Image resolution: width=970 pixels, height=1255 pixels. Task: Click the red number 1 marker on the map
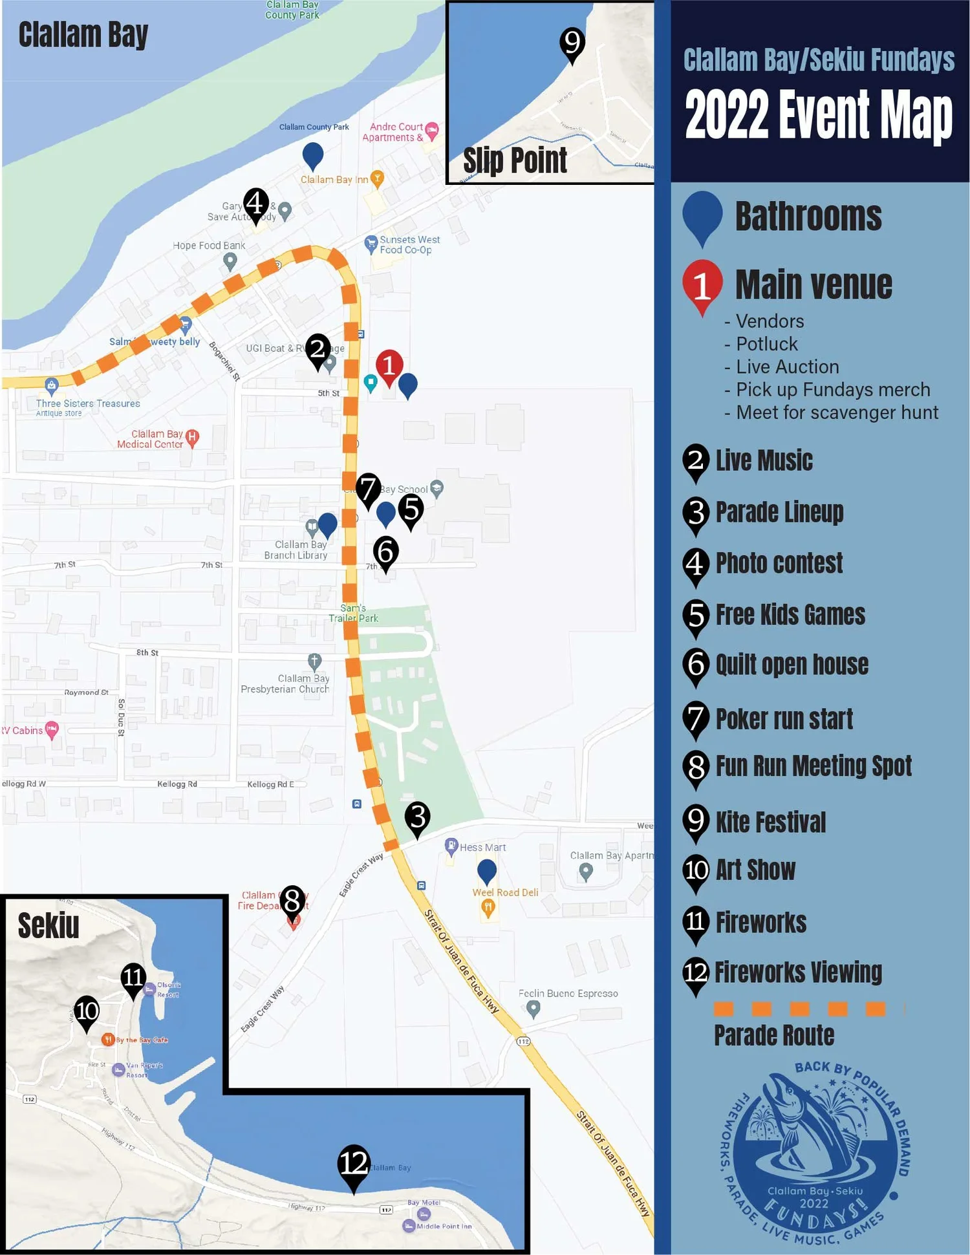(389, 366)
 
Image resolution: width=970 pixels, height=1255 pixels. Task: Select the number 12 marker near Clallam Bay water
(354, 1163)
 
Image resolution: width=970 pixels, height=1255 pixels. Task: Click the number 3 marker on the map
(417, 817)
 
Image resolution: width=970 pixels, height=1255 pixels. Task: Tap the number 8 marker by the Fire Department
(292, 901)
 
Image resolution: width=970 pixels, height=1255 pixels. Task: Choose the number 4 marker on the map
(256, 204)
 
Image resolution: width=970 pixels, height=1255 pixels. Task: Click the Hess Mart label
(482, 847)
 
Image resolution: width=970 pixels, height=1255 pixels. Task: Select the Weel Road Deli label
(505, 892)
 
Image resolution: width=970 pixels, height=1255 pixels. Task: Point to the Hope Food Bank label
(209, 246)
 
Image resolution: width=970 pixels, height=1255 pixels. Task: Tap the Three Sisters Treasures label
(88, 403)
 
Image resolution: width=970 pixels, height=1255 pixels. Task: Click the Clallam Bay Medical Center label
(151, 439)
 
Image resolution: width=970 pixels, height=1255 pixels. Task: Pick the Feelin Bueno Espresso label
(568, 993)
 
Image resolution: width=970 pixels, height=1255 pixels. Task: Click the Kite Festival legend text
(770, 822)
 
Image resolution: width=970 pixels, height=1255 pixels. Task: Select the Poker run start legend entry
(784, 719)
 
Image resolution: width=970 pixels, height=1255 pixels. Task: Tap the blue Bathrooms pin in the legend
(702, 215)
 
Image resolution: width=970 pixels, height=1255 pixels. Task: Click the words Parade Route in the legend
(774, 1035)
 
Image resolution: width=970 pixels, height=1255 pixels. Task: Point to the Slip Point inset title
(515, 160)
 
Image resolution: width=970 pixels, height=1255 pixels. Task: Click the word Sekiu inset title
(48, 925)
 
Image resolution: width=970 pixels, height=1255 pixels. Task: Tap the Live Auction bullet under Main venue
(787, 367)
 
